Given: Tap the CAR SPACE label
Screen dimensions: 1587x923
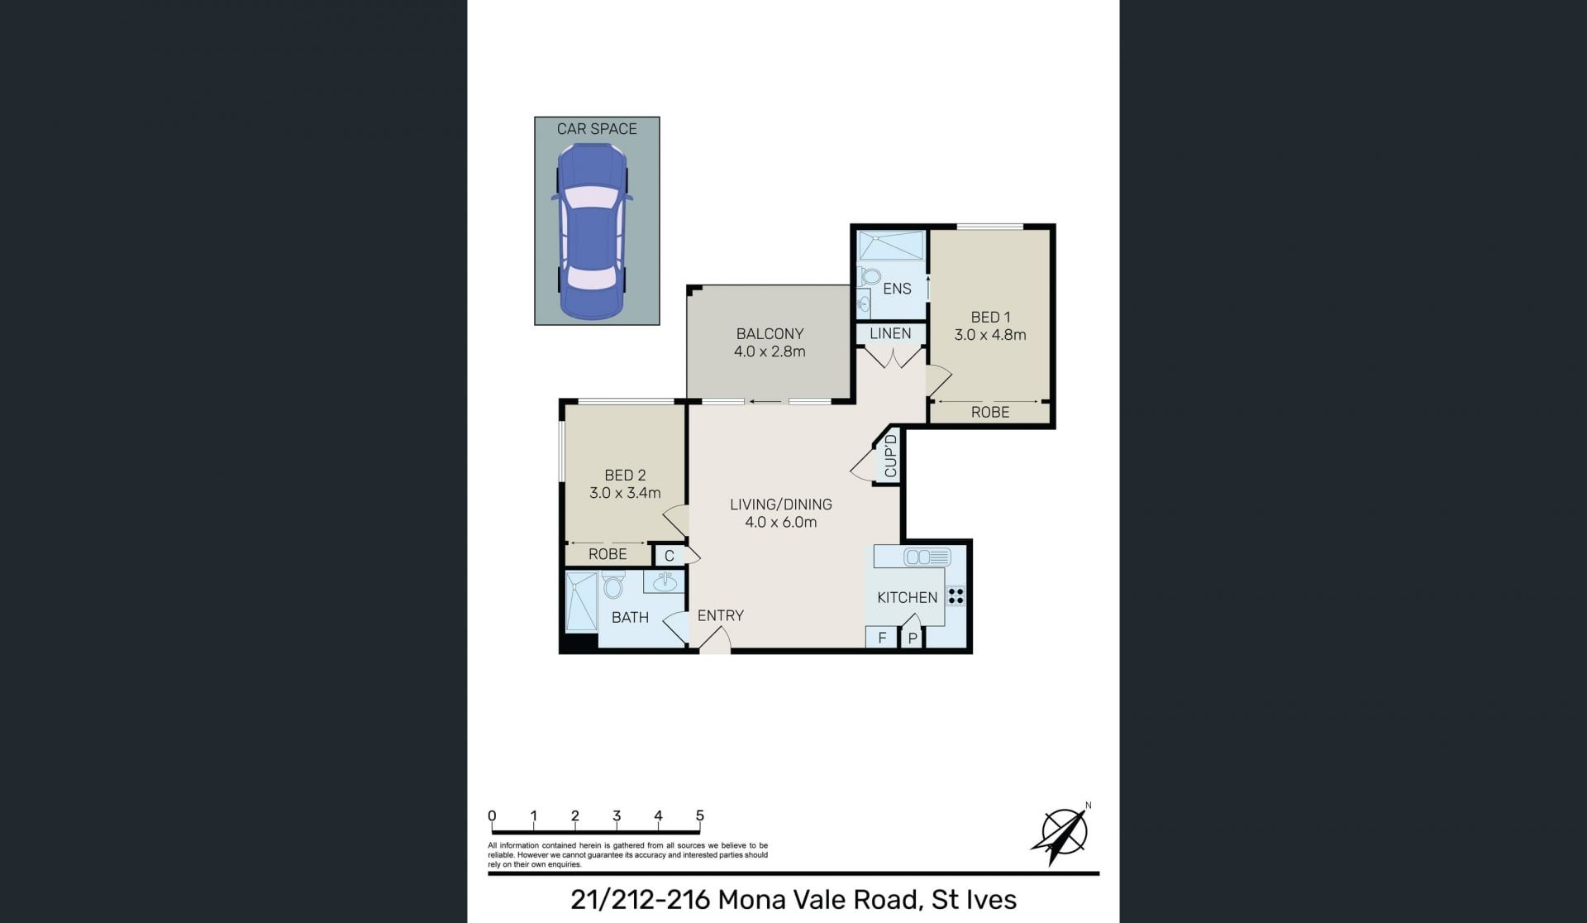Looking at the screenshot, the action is (x=597, y=129).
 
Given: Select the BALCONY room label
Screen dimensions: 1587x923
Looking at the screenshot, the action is (x=770, y=334).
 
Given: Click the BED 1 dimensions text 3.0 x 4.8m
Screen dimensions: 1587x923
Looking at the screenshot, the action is (x=990, y=335).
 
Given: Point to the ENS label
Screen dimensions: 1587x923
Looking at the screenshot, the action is (x=897, y=289).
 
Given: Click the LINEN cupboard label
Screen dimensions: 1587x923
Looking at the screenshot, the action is (x=890, y=333).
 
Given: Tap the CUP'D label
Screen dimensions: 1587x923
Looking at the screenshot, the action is (x=890, y=456).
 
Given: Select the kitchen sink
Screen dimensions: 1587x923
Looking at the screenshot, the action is (x=927, y=557).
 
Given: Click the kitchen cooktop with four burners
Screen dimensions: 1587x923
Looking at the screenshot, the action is (x=956, y=595).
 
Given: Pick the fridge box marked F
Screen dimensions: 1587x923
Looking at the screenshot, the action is (x=882, y=638).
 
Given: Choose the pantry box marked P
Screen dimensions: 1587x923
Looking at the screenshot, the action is (x=913, y=638).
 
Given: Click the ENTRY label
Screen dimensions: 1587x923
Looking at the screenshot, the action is (x=720, y=615).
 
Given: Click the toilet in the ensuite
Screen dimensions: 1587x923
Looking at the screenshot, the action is (x=868, y=275).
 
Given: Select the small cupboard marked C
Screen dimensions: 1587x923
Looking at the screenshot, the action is (x=670, y=556).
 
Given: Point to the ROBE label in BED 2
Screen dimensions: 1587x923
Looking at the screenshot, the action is (x=608, y=554).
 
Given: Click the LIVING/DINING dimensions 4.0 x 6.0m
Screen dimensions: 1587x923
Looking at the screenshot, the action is (x=780, y=522).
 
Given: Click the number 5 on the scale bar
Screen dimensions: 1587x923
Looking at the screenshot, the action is (x=700, y=816).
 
